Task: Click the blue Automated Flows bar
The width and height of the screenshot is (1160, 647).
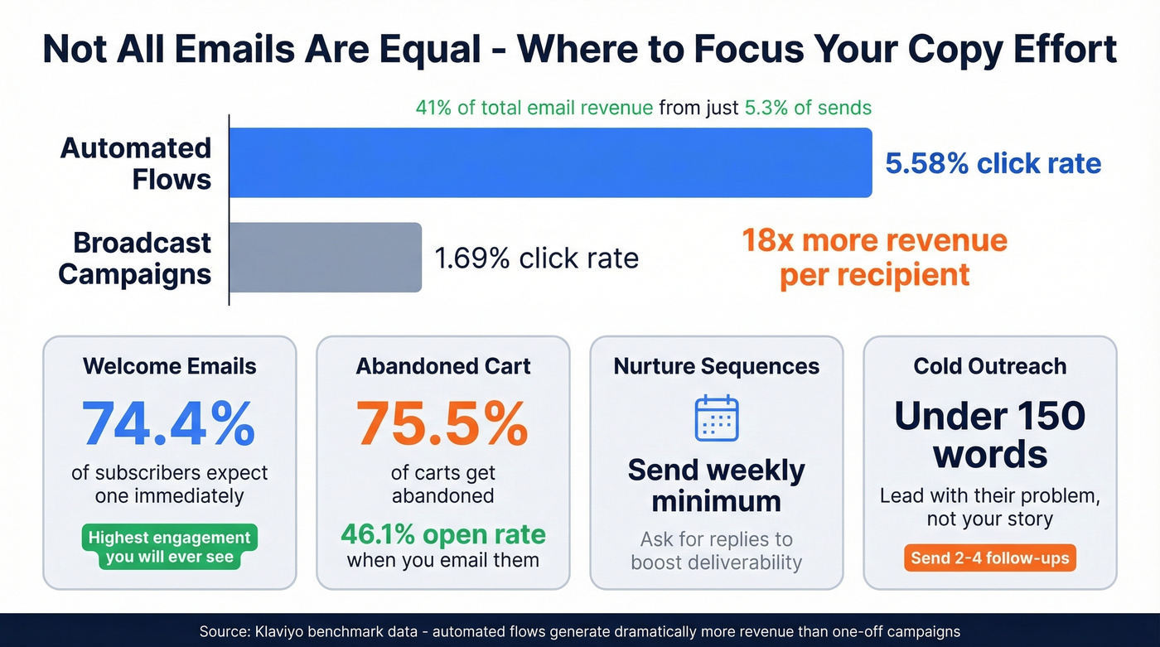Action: point(550,162)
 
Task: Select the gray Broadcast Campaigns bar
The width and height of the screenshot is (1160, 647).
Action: point(325,257)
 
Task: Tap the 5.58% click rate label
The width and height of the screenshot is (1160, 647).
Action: point(993,163)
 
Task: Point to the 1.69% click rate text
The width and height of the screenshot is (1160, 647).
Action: point(536,258)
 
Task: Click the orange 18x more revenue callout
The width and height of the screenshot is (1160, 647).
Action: point(874,257)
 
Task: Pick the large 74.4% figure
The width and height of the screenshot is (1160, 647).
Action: point(169,423)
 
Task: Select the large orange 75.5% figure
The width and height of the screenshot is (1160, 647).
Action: point(442,423)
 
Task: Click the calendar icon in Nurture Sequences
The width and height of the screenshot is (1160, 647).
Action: point(716,418)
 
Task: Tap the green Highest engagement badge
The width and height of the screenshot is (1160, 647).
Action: point(169,547)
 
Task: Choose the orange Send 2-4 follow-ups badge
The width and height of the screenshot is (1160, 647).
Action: point(990,558)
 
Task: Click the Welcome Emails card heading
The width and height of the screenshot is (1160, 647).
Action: point(169,366)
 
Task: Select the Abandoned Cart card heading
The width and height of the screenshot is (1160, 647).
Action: point(443,366)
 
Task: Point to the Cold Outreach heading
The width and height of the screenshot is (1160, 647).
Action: point(990,366)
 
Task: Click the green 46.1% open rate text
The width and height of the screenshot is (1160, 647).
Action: point(443,534)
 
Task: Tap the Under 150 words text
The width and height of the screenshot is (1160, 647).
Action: point(990,434)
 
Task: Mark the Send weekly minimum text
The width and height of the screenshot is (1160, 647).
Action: point(716,485)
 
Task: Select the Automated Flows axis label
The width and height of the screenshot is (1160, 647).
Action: point(136,163)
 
